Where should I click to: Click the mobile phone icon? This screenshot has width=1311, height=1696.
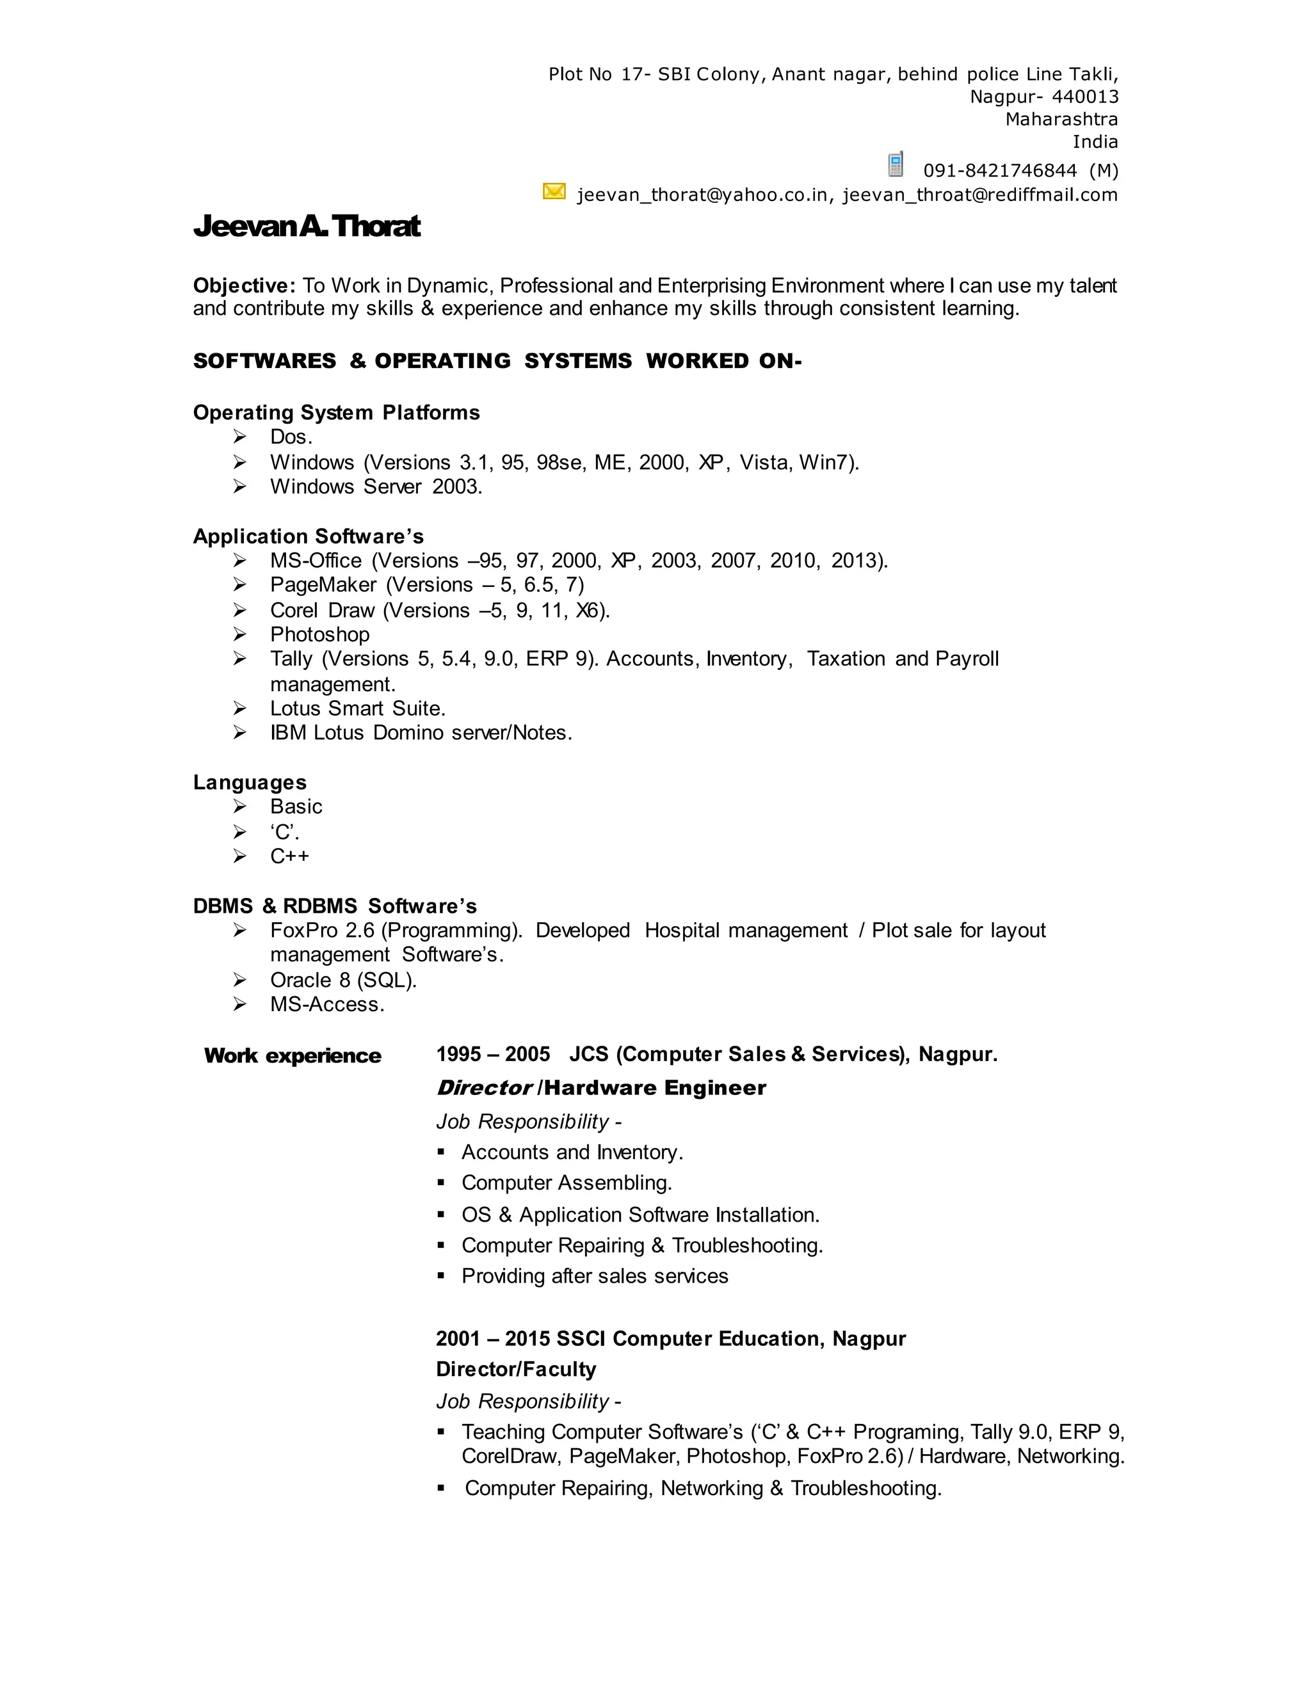(896, 164)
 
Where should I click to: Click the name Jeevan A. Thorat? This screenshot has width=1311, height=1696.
(307, 226)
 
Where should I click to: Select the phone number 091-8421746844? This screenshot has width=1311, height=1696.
(999, 171)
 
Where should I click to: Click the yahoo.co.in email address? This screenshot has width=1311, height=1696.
(702, 195)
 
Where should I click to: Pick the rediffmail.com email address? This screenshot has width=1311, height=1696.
(980, 195)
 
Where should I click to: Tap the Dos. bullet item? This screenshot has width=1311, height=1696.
(291, 437)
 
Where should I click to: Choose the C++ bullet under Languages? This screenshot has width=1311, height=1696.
(290, 856)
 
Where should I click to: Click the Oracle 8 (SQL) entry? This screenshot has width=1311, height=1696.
(343, 980)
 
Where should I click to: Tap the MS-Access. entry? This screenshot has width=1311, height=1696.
(327, 1004)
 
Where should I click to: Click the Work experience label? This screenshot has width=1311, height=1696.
(293, 1055)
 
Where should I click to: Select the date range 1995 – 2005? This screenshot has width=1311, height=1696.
(493, 1054)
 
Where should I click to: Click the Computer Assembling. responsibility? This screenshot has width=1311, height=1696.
(566, 1183)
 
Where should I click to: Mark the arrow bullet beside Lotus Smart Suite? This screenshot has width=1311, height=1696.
(240, 708)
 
